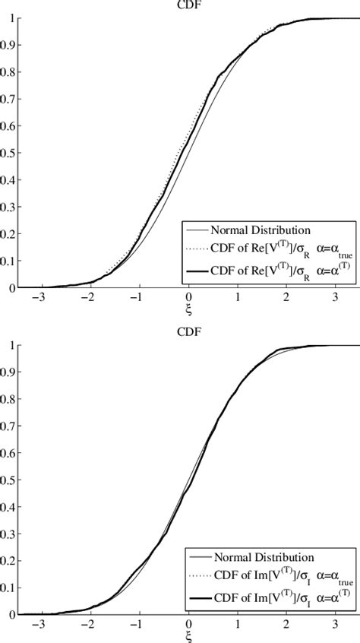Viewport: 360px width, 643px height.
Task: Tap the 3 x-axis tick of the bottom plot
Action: tap(334, 625)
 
